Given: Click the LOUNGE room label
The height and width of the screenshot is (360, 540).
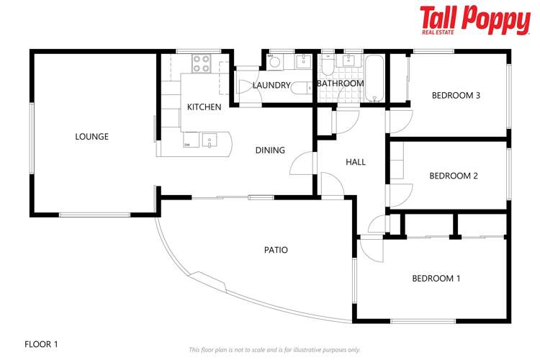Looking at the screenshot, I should tap(91, 136).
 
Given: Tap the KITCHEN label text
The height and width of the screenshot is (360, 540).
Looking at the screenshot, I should tap(204, 107).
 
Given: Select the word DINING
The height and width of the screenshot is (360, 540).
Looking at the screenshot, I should tap(270, 150).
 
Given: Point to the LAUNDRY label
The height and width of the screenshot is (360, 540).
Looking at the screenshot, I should tap(271, 85).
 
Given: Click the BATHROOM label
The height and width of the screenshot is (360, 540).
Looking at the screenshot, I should tap(341, 84).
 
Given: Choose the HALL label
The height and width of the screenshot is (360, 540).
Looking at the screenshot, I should tap(356, 162).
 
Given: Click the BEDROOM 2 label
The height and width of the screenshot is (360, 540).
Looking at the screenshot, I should tap(454, 176).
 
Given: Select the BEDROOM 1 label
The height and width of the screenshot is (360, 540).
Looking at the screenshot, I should tap(436, 279).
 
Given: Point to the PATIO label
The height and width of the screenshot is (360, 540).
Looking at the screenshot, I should tap(275, 250).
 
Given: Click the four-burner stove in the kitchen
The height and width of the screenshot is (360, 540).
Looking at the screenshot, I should tap(201, 63).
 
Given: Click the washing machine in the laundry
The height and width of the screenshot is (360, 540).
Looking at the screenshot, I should tap(274, 63).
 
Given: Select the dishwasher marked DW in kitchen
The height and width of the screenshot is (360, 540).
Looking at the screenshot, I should tap(188, 140).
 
